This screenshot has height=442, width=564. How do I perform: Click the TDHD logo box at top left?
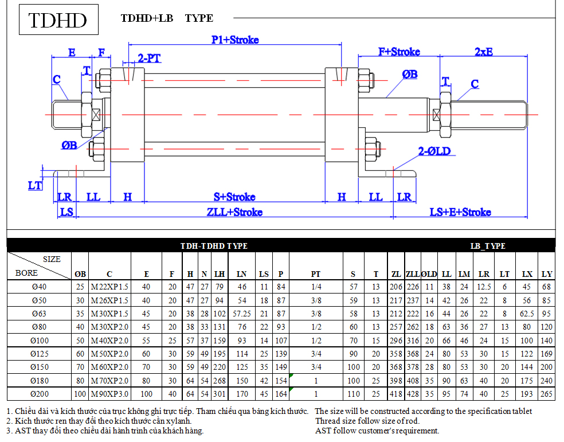click(x=58, y=19)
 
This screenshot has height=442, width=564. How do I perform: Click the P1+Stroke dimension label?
click(x=235, y=40)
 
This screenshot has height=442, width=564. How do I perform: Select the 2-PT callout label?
click(x=149, y=58)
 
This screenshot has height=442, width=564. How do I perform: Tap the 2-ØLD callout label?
click(x=434, y=151)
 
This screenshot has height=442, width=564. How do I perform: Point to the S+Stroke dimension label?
click(x=234, y=197)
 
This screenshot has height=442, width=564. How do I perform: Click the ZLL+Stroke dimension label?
click(x=234, y=212)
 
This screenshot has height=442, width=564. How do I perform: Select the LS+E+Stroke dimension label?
click(x=460, y=212)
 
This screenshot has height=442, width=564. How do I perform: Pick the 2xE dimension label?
click(x=483, y=52)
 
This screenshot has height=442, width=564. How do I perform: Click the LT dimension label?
click(x=35, y=186)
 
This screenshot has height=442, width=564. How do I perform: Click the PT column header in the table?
click(x=315, y=274)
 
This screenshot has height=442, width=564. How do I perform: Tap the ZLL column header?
click(x=413, y=274)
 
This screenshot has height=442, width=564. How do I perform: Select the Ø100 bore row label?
click(x=39, y=340)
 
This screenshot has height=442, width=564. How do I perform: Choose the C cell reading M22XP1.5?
click(x=109, y=287)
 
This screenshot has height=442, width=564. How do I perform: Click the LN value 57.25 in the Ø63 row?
click(x=242, y=314)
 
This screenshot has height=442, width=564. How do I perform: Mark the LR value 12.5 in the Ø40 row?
click(x=484, y=287)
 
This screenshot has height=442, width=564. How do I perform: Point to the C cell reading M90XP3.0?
click(x=109, y=394)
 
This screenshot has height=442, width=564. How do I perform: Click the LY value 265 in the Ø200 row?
click(x=546, y=394)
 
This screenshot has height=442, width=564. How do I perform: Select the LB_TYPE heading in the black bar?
click(x=488, y=246)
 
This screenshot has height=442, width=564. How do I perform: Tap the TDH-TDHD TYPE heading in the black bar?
click(x=214, y=246)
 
